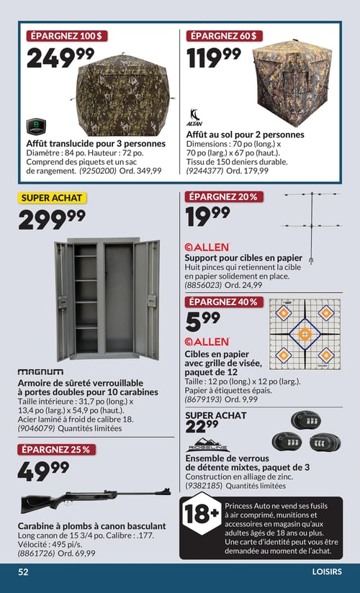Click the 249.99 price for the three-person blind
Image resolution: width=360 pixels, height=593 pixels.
[x=60, y=58]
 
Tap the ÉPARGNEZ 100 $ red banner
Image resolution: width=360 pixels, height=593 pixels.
[x=66, y=35]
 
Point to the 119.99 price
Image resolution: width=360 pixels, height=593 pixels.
[x=214, y=58]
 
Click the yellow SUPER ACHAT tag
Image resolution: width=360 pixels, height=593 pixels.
[x=52, y=198]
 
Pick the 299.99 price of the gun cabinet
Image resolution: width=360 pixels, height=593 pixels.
[x=51, y=219]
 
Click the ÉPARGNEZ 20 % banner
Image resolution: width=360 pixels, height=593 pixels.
[x=222, y=197]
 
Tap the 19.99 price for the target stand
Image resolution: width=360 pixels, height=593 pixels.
[x=207, y=216]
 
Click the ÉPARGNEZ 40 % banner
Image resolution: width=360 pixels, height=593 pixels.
[x=222, y=302]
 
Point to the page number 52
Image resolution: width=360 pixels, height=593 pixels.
[x=24, y=572]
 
